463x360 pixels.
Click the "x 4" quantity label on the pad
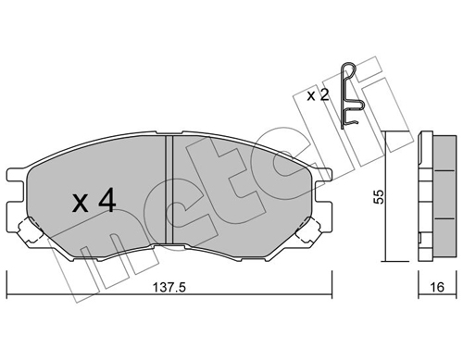pyautogui.click(x=92, y=200)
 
